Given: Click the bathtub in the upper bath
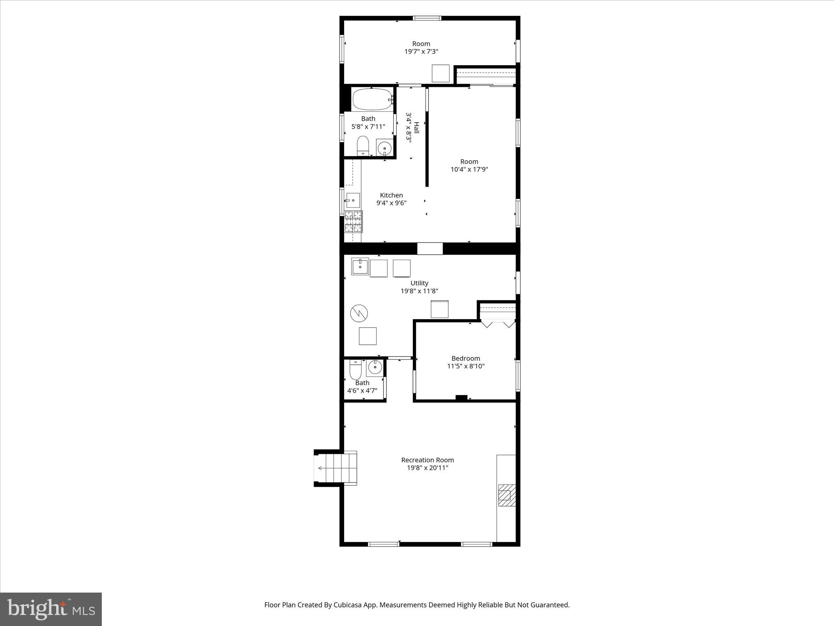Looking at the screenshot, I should click(x=372, y=99).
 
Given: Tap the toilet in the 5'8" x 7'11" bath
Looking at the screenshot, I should click(x=362, y=146).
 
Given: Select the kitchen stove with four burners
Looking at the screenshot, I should click(x=353, y=221).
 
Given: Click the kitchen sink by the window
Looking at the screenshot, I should click(x=353, y=200).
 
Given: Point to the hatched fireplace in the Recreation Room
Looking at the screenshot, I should click(x=507, y=495).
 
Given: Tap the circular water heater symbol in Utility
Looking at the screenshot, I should click(x=359, y=313).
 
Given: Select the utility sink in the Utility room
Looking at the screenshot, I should click(x=360, y=267).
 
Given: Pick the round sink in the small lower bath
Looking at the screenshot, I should click(x=375, y=368).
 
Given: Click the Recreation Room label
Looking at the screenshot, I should click(x=427, y=460).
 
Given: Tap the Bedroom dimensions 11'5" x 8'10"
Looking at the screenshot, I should click(x=465, y=366).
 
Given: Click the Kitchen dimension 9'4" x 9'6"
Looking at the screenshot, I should click(x=391, y=203).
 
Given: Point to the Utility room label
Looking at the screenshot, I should click(x=419, y=283).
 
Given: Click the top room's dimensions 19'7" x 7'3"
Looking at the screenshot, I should click(x=421, y=51).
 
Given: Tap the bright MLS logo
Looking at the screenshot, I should click(x=51, y=609).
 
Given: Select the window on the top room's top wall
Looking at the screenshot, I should click(x=427, y=18).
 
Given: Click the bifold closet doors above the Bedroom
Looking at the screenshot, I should click(x=498, y=324).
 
